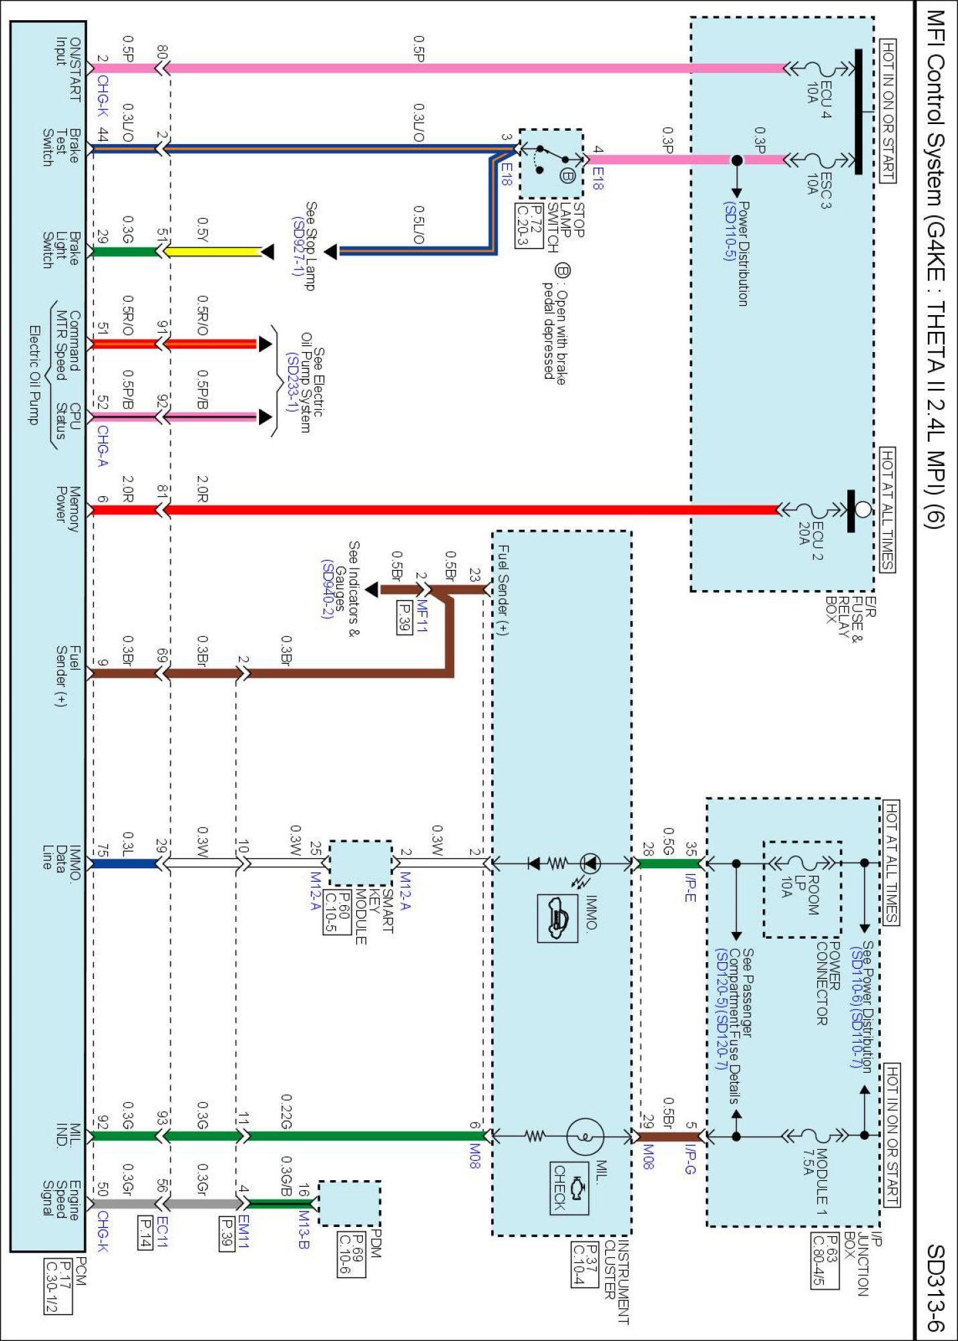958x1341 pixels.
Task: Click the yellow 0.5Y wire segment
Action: click(x=213, y=252)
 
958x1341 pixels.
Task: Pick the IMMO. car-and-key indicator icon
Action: click(x=557, y=918)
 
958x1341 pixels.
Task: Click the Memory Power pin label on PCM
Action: click(x=67, y=509)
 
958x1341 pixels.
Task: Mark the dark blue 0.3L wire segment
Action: click(x=125, y=864)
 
